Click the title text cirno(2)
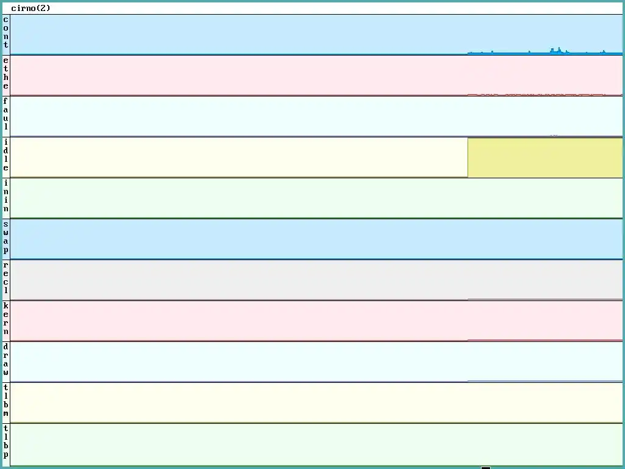31,9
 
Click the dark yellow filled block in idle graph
544,158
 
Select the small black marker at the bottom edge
486,467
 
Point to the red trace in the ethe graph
537,95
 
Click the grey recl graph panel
305,280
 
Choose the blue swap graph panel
305,239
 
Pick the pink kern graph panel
305,321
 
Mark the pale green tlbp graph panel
305,444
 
